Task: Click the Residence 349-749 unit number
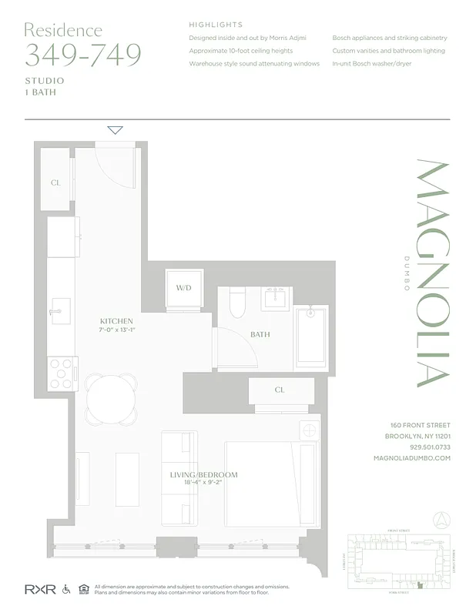click(83, 55)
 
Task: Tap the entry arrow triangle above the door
click(115, 130)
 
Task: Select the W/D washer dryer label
click(183, 289)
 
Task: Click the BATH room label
click(260, 335)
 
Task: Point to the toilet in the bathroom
click(237, 306)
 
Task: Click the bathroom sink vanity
click(276, 298)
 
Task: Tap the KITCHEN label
click(116, 321)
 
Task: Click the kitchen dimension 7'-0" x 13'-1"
click(116, 330)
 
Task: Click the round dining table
click(110, 398)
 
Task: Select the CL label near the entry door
click(55, 183)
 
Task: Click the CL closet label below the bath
click(280, 390)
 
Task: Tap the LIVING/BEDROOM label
click(203, 475)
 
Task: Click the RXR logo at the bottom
click(40, 589)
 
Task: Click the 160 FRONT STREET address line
click(420, 425)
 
